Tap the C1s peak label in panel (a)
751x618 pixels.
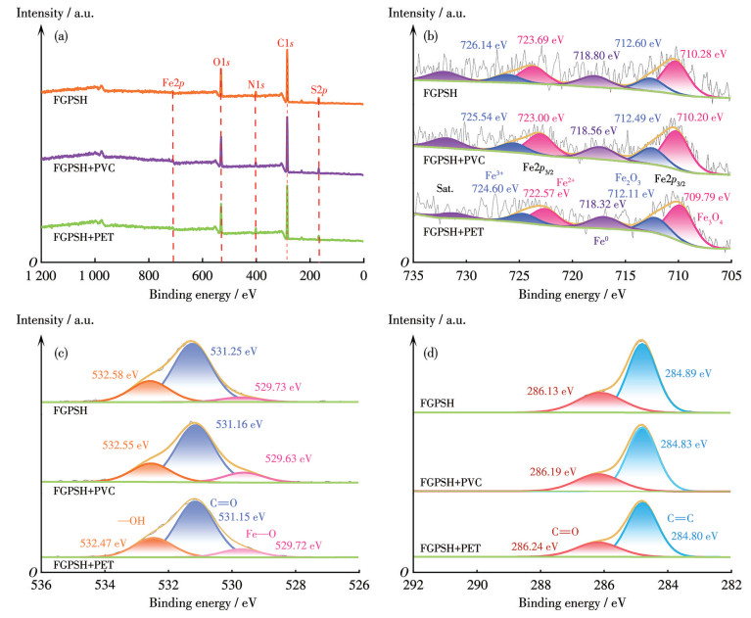coord(287,44)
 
